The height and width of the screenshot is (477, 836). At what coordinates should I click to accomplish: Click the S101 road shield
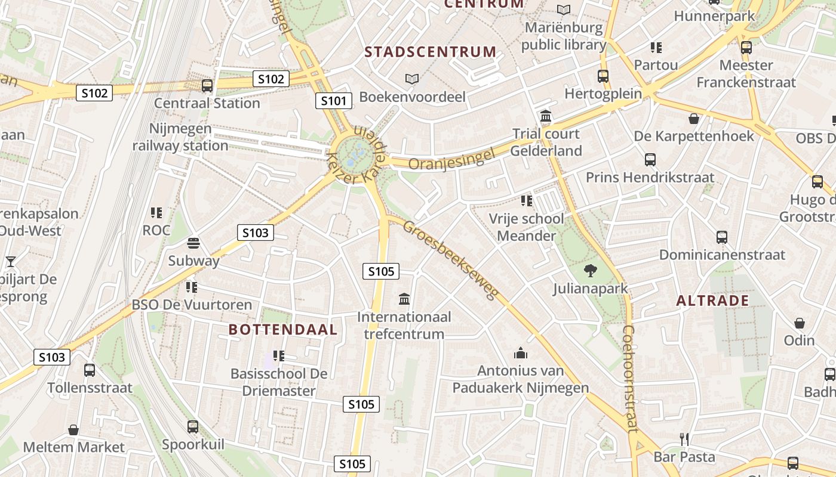click(x=333, y=101)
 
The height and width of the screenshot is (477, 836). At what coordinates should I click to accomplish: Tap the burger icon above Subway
click(x=193, y=243)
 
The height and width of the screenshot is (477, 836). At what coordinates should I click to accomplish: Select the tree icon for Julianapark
click(x=590, y=271)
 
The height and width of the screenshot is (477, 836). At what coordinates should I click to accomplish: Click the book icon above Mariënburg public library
click(x=564, y=10)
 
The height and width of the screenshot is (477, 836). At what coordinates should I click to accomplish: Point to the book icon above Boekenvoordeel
click(x=412, y=79)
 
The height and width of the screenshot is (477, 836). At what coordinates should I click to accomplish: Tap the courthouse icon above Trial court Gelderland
click(x=546, y=116)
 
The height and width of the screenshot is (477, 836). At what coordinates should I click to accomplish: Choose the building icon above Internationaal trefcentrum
click(x=404, y=299)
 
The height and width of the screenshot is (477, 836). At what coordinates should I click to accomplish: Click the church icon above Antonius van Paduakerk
click(x=521, y=353)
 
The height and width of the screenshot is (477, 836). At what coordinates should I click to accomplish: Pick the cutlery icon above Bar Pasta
click(x=684, y=439)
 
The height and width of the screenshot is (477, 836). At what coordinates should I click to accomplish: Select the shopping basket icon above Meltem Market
click(x=73, y=430)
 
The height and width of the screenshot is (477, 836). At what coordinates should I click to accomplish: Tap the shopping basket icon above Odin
click(x=800, y=323)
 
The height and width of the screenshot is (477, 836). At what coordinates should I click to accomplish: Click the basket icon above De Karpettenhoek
click(x=694, y=119)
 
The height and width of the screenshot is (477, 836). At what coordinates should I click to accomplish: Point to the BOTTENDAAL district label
click(x=283, y=329)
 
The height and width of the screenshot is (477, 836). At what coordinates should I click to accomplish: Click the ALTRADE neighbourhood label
click(x=712, y=301)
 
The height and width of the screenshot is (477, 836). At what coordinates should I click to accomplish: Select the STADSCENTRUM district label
click(x=431, y=52)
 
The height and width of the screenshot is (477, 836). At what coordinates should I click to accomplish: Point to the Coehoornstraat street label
click(x=629, y=378)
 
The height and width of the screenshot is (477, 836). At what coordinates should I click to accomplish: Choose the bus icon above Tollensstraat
click(x=90, y=370)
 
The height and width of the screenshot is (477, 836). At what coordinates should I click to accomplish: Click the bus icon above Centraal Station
click(x=207, y=86)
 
